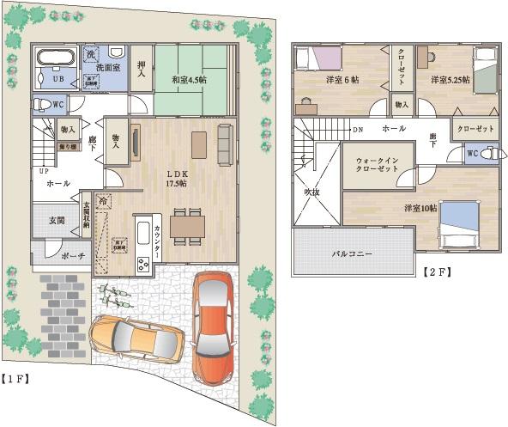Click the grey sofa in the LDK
click(x=226, y=143)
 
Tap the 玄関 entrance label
click(x=57, y=221)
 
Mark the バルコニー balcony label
click(x=353, y=254)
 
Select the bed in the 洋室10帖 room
click(x=457, y=223)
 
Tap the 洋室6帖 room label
click(x=342, y=80)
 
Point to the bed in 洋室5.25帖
click(x=485, y=70)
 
